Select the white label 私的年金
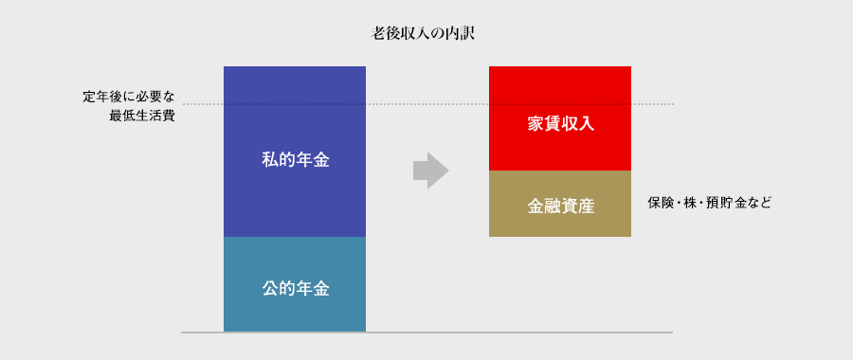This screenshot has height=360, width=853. (x=295, y=160)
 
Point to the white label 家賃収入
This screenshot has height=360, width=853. (x=560, y=123)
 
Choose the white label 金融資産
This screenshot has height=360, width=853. (x=560, y=205)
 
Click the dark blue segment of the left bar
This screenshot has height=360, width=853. (x=295, y=199)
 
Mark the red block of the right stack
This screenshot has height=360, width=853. (x=560, y=147)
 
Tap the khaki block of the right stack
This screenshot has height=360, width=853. (x=560, y=223)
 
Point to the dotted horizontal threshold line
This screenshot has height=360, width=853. (x=426, y=103)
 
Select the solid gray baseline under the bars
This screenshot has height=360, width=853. (x=426, y=333)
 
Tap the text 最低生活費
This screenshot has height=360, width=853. (x=141, y=116)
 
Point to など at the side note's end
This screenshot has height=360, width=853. (x=760, y=203)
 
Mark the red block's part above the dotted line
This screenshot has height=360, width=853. (x=560, y=84)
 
